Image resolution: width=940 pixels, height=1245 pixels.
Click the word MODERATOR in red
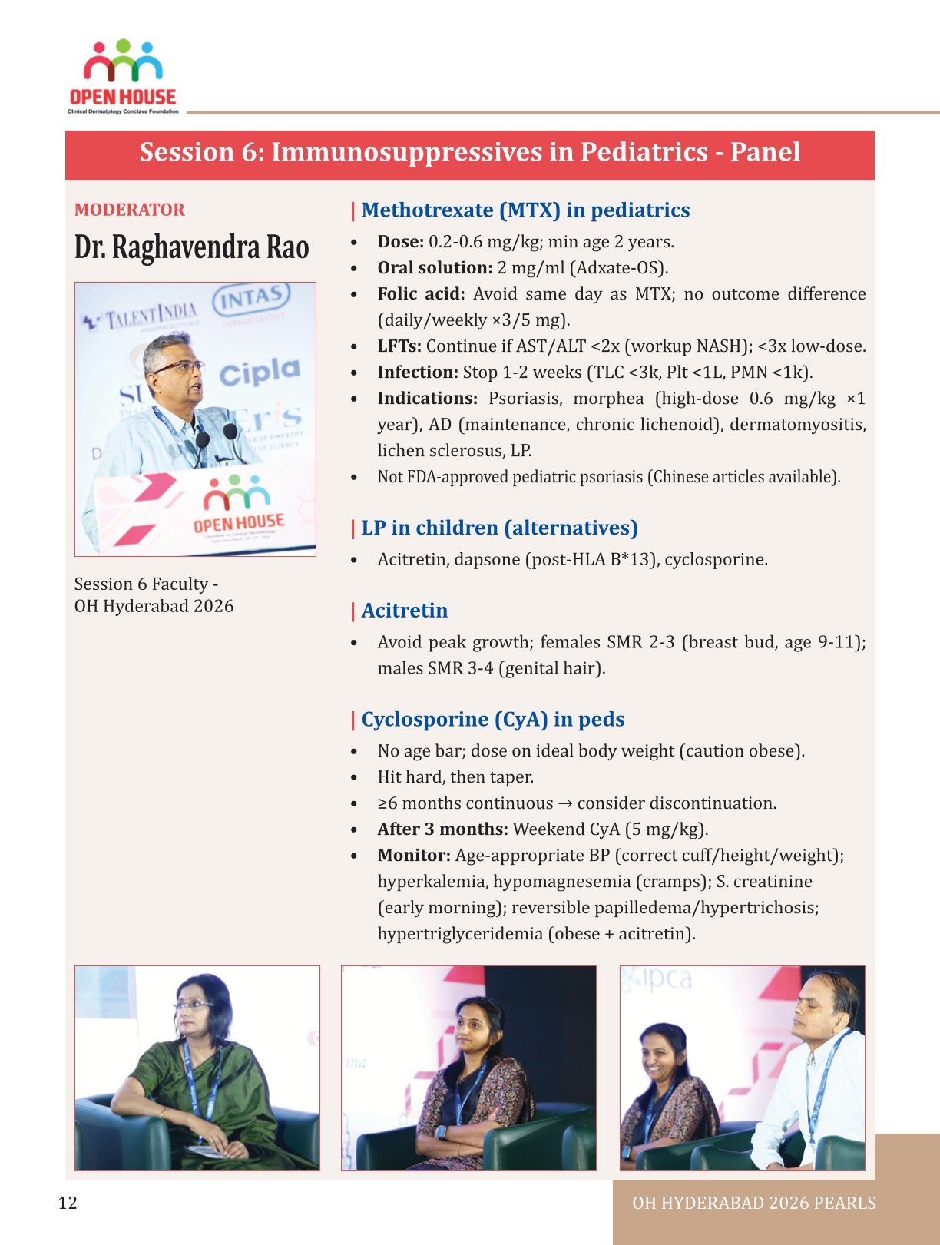[x=129, y=210]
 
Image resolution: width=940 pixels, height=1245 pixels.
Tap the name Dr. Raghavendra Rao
[x=191, y=247]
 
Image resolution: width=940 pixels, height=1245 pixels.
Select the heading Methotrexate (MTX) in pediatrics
[x=525, y=210]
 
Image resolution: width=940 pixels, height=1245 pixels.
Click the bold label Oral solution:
[x=435, y=268]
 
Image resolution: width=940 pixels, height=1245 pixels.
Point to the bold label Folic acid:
[x=421, y=294]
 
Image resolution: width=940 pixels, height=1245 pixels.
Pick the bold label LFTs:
[x=399, y=346]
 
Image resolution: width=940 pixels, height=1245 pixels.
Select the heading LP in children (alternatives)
[x=499, y=528]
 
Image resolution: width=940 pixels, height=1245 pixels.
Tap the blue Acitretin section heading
[x=404, y=611]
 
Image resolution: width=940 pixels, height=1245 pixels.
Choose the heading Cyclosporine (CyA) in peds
[x=492, y=720]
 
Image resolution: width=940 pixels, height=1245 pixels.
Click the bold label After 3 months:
[x=442, y=829]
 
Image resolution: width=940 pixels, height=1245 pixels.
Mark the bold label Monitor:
[x=413, y=856]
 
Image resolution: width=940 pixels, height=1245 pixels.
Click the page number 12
[x=68, y=1203]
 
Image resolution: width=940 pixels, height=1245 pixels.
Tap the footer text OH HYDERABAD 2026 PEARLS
[x=753, y=1204]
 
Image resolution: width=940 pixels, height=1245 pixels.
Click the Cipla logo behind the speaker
[x=260, y=373]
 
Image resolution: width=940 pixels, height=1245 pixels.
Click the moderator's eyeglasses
[x=180, y=366]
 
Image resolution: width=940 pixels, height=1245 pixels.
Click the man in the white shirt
[x=814, y=1075]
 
